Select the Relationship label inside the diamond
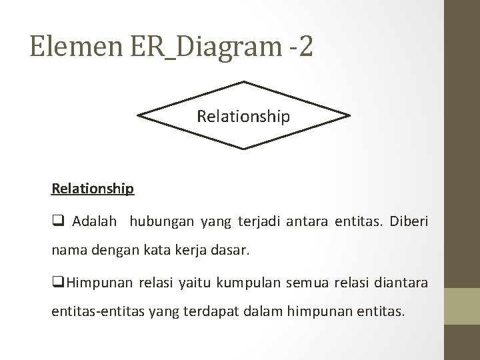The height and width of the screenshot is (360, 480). [x=243, y=117]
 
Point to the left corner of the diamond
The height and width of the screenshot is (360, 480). [x=138, y=116]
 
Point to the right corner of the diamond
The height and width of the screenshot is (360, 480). [x=349, y=116]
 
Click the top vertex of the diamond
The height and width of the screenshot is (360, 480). [x=244, y=82]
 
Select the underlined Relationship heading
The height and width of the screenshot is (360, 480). [x=93, y=189]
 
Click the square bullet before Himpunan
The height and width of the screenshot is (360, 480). [x=57, y=282]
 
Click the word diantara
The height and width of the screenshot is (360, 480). [x=395, y=282]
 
